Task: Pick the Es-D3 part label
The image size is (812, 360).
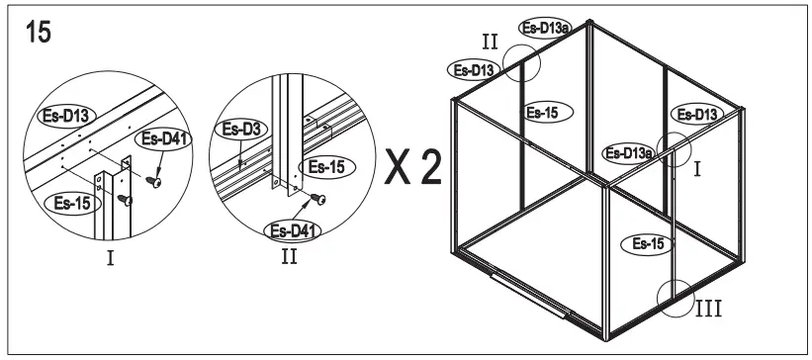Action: tap(239, 129)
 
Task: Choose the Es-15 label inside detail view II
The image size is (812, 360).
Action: tap(325, 167)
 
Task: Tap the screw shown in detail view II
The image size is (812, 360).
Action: tap(319, 199)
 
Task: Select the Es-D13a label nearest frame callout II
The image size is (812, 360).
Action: tap(543, 29)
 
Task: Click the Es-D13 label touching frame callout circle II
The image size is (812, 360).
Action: tap(473, 69)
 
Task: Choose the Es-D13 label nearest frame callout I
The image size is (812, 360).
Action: tap(694, 114)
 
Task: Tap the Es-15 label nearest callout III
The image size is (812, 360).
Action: tap(643, 242)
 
